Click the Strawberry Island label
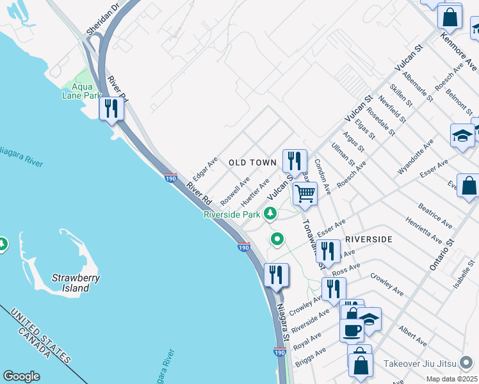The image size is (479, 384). click(x=70, y=283)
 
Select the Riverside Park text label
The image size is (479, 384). click(x=232, y=214)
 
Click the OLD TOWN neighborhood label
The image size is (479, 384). click(x=252, y=163)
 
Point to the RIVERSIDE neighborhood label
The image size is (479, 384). click(x=368, y=239)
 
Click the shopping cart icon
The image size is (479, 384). click(x=305, y=193)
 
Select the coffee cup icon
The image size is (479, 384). click(x=350, y=330)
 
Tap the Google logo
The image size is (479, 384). click(x=21, y=376)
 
